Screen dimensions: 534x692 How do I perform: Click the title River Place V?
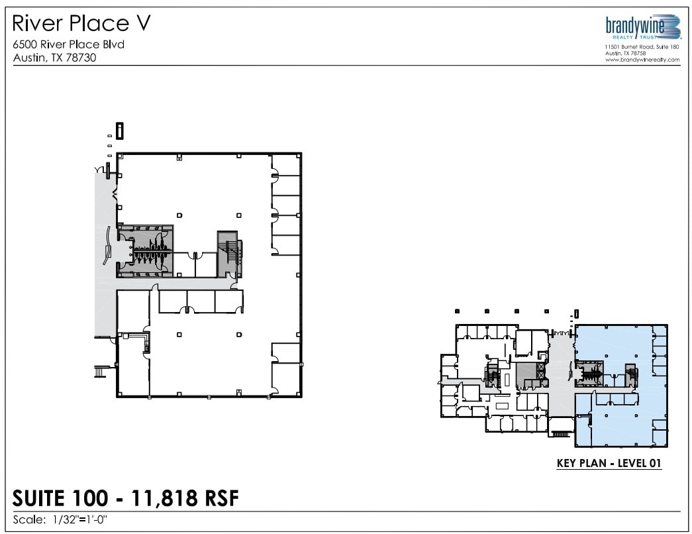coord(81,24)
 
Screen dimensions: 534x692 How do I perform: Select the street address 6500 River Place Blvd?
coord(69,44)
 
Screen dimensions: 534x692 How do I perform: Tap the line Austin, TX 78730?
coord(55,57)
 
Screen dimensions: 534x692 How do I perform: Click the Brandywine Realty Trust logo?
coord(642,28)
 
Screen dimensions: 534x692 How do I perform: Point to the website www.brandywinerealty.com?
coord(642,60)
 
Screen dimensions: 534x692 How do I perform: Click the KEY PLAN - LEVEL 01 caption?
coord(609,464)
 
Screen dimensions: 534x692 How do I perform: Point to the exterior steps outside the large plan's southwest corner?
coord(100,372)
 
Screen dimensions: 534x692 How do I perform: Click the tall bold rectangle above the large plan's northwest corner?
coord(119,131)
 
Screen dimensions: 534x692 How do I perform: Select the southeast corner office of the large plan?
coord(286,379)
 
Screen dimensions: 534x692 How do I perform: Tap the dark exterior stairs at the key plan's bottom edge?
coord(560,434)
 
